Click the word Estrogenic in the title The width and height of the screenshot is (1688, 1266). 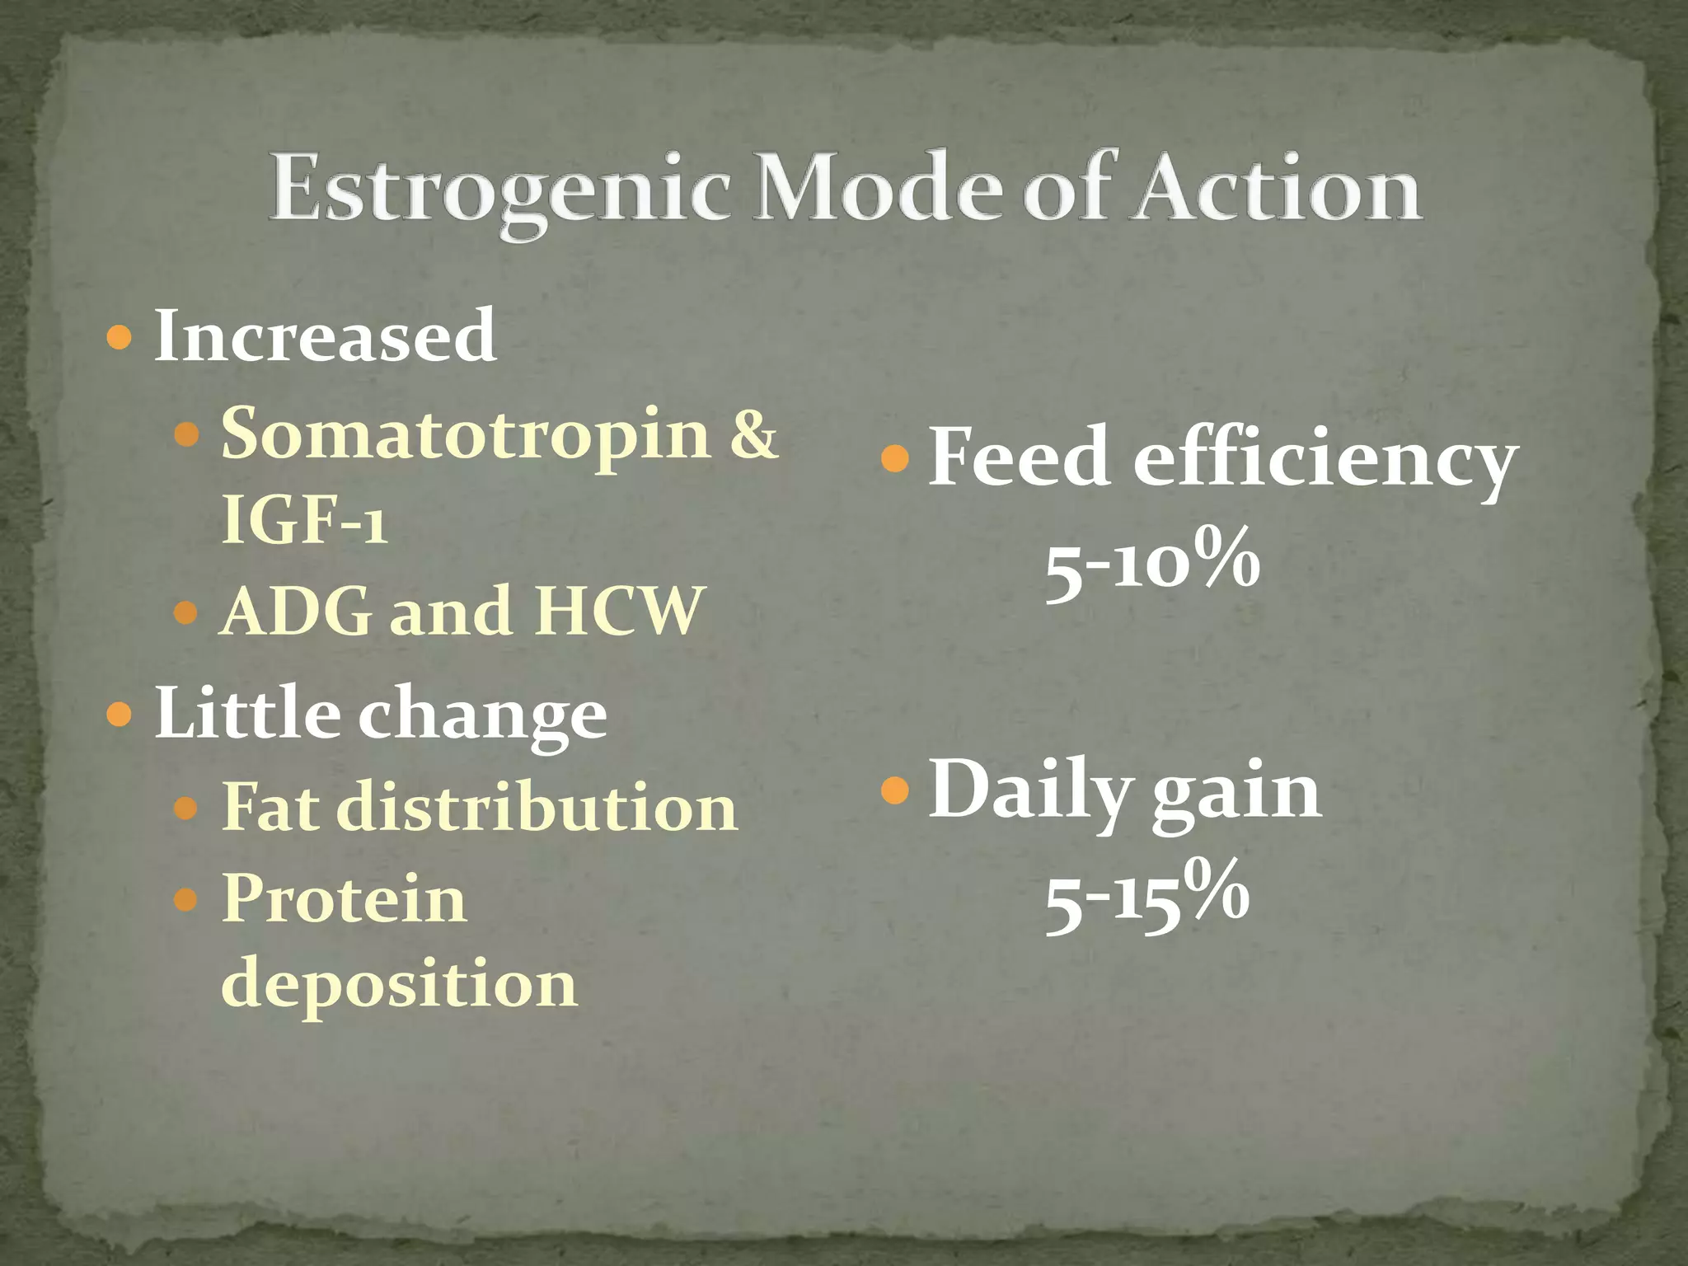499,190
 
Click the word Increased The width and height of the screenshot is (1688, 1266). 325,336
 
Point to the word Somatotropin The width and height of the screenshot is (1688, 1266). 466,434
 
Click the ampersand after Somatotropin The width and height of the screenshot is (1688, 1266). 753,434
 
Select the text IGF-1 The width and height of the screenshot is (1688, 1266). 303,521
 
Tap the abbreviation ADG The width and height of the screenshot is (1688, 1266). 298,612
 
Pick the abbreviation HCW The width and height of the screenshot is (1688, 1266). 618,612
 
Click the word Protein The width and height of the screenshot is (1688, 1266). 344,898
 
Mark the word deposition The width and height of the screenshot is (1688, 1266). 399,984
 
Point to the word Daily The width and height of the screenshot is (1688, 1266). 1030,791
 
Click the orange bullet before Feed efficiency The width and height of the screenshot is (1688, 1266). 894,458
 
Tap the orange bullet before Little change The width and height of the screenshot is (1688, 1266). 120,714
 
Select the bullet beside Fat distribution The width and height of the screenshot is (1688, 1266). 186,809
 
